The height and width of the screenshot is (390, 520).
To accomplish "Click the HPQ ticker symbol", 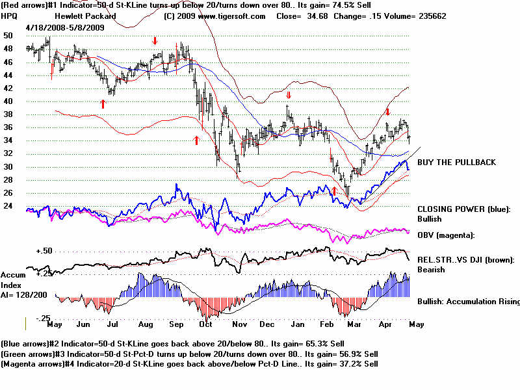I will [x=10, y=16].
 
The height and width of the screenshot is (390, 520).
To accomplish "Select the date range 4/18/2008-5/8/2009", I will [x=64, y=27].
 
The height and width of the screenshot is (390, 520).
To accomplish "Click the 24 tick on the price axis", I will [x=8, y=206].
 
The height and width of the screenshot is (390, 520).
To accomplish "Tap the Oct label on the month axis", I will [x=207, y=324].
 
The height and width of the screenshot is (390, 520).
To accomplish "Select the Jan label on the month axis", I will [x=299, y=324].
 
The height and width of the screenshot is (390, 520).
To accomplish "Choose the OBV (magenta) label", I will [x=447, y=235].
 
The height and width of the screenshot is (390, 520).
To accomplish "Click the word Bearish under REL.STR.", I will [x=432, y=269].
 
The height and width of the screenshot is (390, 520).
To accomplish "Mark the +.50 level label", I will [x=44, y=251].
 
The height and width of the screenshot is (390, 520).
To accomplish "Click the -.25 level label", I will [x=44, y=318].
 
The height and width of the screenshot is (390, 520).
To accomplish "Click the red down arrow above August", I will [x=155, y=41].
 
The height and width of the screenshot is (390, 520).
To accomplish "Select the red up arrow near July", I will [x=103, y=103].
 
